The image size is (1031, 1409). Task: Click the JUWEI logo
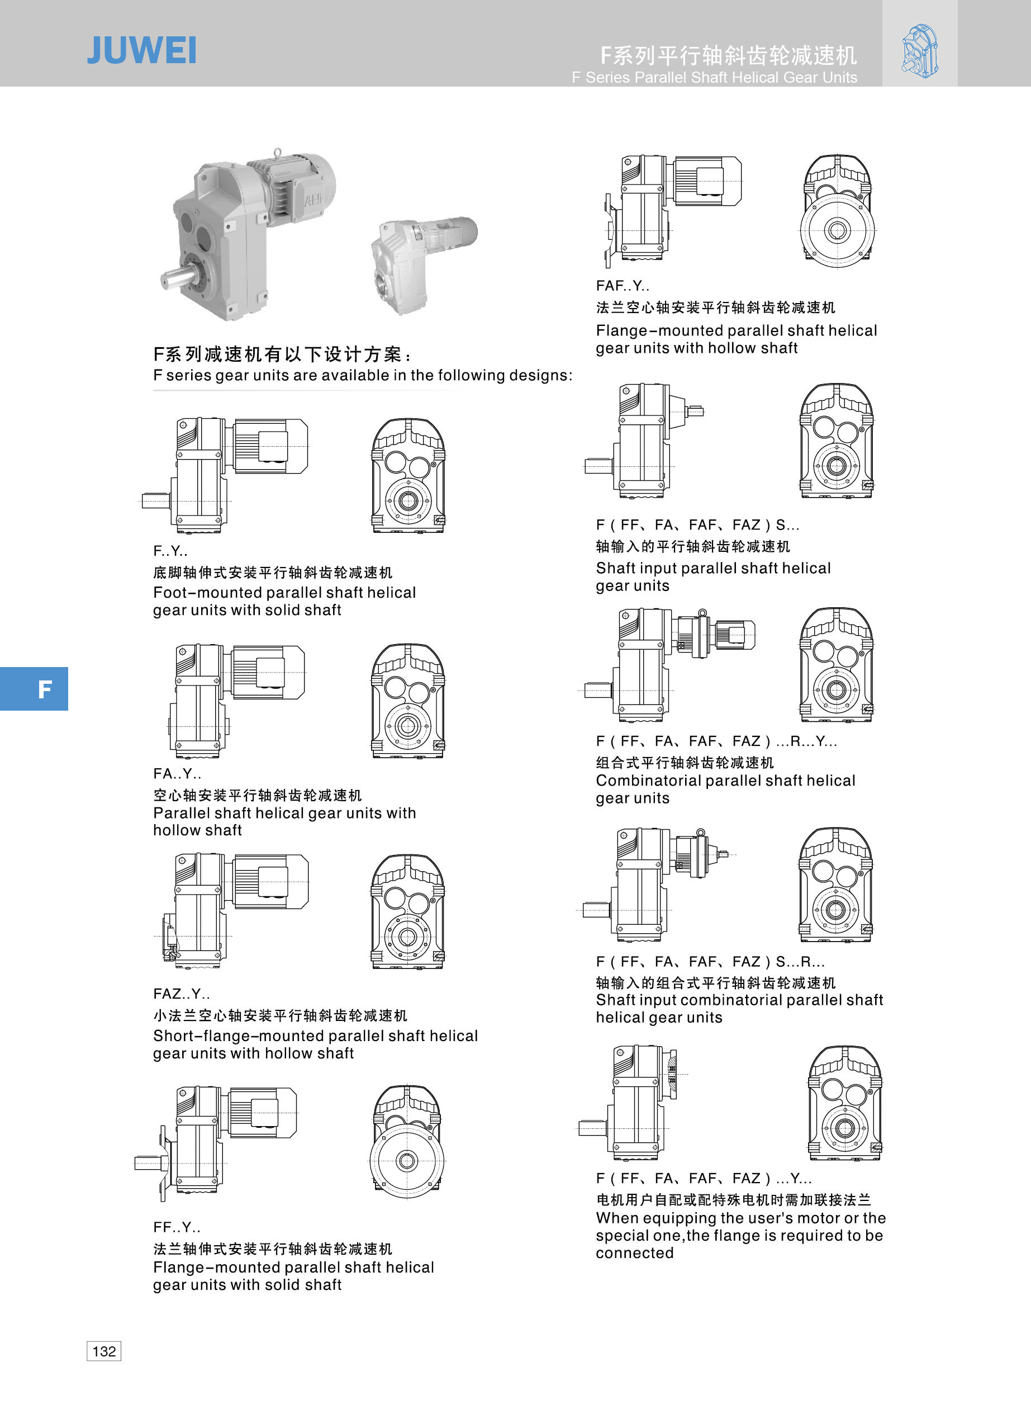pos(142,50)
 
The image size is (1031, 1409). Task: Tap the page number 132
pos(103,1351)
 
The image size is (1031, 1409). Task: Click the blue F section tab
pos(34,689)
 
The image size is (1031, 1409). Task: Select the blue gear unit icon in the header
pos(920,50)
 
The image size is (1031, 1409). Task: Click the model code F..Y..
pos(170,551)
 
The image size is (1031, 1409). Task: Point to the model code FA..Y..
pos(177,773)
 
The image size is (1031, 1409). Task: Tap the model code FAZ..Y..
pos(182,994)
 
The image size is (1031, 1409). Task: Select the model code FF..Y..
pos(177,1227)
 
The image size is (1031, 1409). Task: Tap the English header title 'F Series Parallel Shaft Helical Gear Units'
pos(715,77)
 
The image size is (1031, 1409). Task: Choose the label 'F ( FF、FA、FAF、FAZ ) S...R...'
pos(711,961)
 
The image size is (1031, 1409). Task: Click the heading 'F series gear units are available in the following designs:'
pos(363,375)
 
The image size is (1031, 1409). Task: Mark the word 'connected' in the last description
pos(635,1253)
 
